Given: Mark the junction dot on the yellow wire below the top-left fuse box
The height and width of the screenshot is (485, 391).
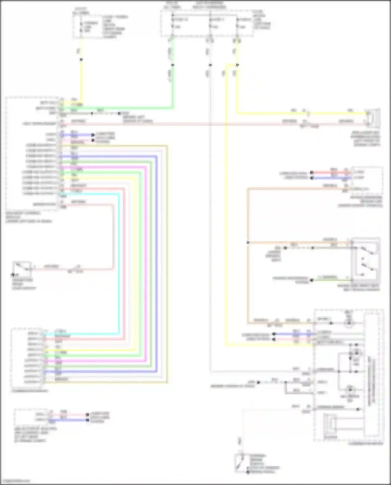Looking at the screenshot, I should (x=81, y=59).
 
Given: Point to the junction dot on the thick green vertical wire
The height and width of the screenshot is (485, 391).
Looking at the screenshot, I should (x=173, y=65).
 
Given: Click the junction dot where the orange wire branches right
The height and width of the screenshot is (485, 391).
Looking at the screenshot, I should (x=248, y=243).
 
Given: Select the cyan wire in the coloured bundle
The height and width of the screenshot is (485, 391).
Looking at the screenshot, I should (x=119, y=261).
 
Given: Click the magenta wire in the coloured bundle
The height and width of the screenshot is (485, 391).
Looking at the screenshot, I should (x=146, y=261).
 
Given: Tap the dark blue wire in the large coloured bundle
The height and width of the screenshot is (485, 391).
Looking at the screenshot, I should (x=157, y=261).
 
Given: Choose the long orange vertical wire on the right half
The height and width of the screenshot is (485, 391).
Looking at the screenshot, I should (x=248, y=281).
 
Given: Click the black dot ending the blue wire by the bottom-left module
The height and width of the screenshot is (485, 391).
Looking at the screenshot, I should (x=88, y=420).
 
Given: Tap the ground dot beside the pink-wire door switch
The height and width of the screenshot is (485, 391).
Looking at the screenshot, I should (x=12, y=275).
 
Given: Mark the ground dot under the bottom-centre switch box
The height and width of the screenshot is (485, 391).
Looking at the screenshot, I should (x=248, y=472).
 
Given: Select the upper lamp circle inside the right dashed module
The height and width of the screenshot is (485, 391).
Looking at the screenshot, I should (x=349, y=323).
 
